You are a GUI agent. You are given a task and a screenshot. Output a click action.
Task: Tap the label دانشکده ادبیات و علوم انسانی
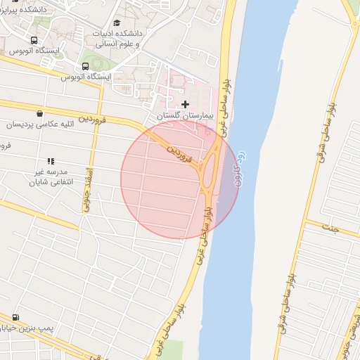(x=117, y=38)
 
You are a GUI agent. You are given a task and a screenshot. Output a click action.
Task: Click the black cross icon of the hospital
(x=185, y=104)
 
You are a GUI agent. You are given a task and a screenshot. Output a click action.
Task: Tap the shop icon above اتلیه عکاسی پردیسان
(x=39, y=113)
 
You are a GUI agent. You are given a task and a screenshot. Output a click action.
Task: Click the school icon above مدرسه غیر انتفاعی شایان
(x=50, y=161)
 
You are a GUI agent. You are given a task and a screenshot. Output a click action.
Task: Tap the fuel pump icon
(x=15, y=317)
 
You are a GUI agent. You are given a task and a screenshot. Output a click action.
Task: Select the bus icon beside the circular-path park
(x=85, y=67)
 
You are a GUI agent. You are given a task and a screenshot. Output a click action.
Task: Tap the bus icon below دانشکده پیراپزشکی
(x=34, y=40)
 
